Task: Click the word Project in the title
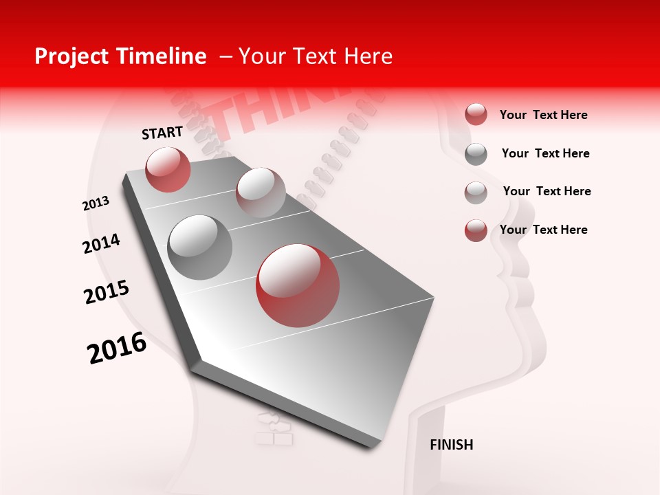point(70,57)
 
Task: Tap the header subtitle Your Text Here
point(316,57)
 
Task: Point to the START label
point(162,133)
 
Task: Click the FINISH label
point(451,445)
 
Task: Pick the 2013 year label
point(96,203)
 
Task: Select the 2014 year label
point(101,244)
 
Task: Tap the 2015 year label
point(107,292)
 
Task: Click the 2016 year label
point(117,348)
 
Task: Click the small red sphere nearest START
point(168,169)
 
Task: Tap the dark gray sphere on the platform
point(200,247)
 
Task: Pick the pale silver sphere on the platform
point(261,192)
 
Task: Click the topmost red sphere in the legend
point(476,115)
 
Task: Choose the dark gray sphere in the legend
point(476,154)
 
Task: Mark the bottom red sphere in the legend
point(476,230)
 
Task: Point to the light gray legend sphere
point(476,192)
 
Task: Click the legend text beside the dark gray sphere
point(545,153)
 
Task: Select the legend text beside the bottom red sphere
point(543,230)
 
